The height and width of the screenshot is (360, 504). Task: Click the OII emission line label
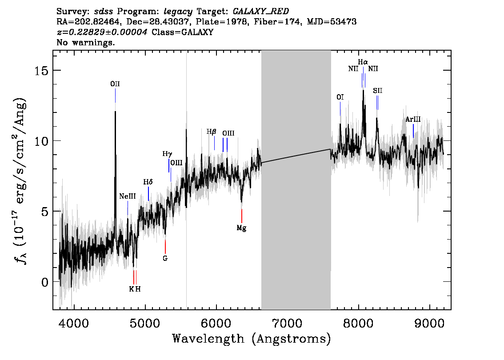tap(115, 84)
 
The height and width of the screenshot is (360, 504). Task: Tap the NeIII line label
tap(128, 196)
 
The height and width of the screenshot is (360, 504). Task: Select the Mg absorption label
tap(241, 228)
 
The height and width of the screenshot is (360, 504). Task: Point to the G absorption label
tap(165, 258)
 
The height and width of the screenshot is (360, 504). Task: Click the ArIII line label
tap(413, 120)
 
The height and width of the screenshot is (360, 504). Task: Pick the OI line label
tap(340, 97)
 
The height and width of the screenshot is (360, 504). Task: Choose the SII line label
tap(378, 91)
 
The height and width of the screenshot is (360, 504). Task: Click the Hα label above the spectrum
tap(363, 62)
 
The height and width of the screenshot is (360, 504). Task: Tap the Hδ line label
tap(148, 182)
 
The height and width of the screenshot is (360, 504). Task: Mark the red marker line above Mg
tap(242, 216)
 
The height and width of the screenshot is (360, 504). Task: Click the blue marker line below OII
tap(116, 96)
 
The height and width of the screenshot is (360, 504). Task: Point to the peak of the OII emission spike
tap(116, 111)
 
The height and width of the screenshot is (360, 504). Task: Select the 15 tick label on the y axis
tap(41, 70)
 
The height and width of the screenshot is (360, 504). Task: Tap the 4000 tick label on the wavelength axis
tap(74, 324)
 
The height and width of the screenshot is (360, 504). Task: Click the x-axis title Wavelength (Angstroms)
tap(252, 339)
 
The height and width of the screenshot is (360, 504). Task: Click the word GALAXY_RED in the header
tap(261, 12)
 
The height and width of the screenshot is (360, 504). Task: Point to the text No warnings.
tap(85, 42)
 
